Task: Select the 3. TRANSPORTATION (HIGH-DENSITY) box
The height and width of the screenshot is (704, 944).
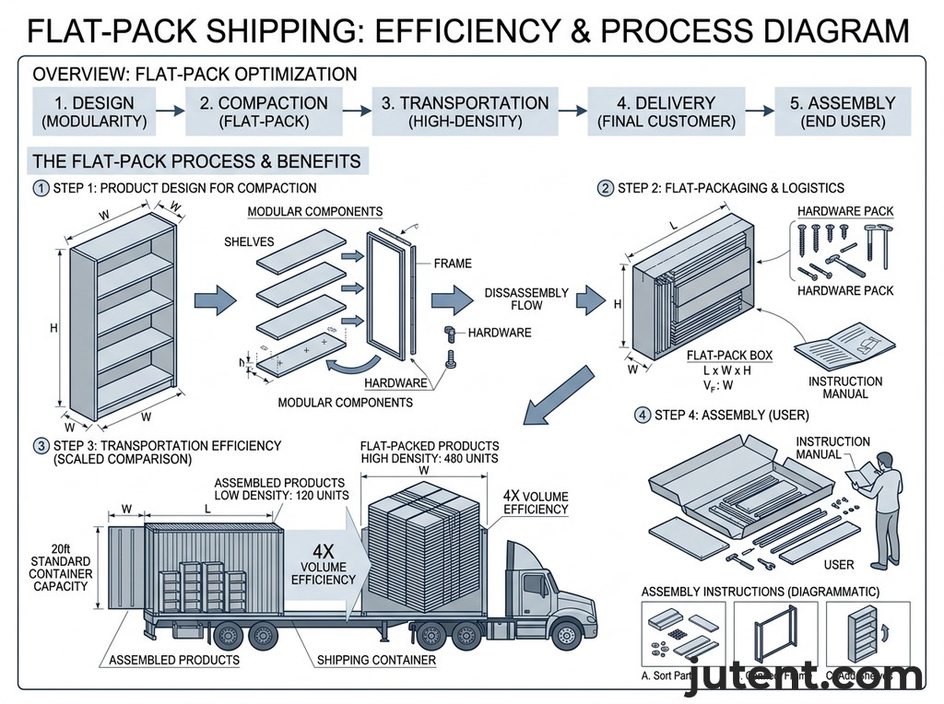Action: pos(465,111)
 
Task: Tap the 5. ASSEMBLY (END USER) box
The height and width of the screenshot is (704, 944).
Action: pos(843,111)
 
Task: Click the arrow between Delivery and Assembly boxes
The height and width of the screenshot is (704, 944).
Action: pos(759,111)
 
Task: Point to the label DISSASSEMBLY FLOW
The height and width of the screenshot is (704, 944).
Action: pos(526,299)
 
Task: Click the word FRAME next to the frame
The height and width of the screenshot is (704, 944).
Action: pos(452,264)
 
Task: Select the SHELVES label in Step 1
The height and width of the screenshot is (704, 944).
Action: pos(251,241)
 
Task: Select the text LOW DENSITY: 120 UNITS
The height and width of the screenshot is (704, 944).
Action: pos(279,495)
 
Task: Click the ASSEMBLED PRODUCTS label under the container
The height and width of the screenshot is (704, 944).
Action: pos(174,660)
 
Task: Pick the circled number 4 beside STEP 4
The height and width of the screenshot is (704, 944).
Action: pos(643,415)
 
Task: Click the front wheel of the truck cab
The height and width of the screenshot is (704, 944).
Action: pos(566,635)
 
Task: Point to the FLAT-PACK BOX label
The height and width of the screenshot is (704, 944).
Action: pos(729,355)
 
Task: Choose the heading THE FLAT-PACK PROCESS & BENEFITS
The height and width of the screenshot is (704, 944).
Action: pos(196,161)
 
